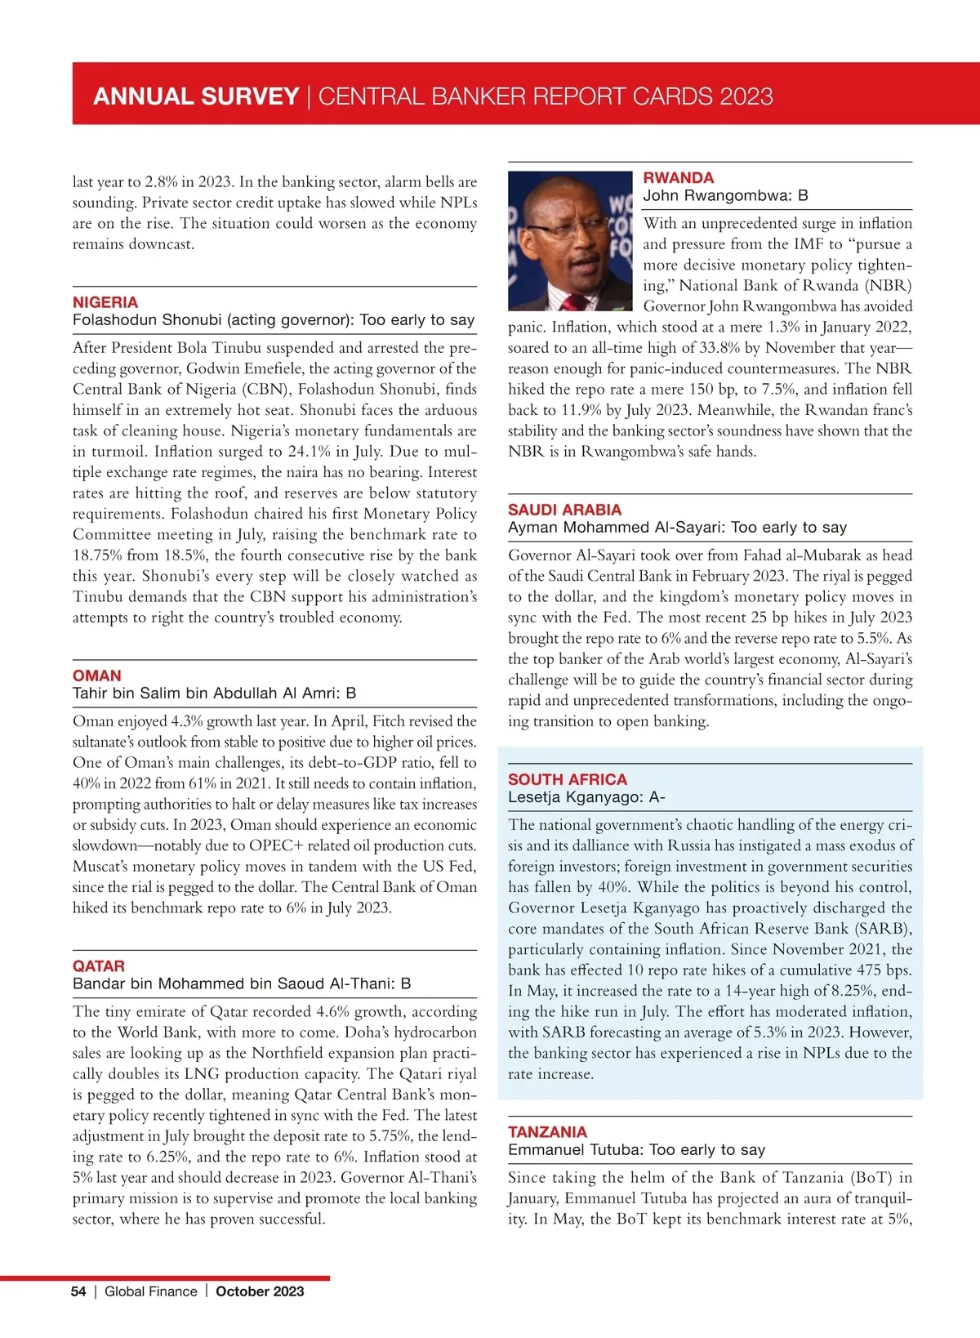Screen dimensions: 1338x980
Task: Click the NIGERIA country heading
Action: pos(105,302)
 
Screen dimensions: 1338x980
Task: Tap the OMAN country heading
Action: pos(96,676)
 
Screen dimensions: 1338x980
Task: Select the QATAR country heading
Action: pos(99,966)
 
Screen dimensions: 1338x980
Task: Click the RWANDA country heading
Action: pos(678,178)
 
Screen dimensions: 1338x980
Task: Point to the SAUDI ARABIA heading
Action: pos(564,510)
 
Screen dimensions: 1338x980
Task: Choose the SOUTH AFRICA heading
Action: pos(568,779)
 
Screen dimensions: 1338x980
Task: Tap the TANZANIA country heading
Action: pos(547,1132)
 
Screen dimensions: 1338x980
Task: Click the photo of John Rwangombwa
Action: pos(570,240)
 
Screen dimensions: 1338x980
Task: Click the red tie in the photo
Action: pos(575,303)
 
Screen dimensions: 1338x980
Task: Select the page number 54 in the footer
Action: pos(78,1291)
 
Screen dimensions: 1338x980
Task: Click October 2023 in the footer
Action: pos(260,1291)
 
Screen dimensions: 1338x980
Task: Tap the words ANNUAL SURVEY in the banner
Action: pos(196,96)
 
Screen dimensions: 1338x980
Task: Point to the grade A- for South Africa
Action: pos(657,797)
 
